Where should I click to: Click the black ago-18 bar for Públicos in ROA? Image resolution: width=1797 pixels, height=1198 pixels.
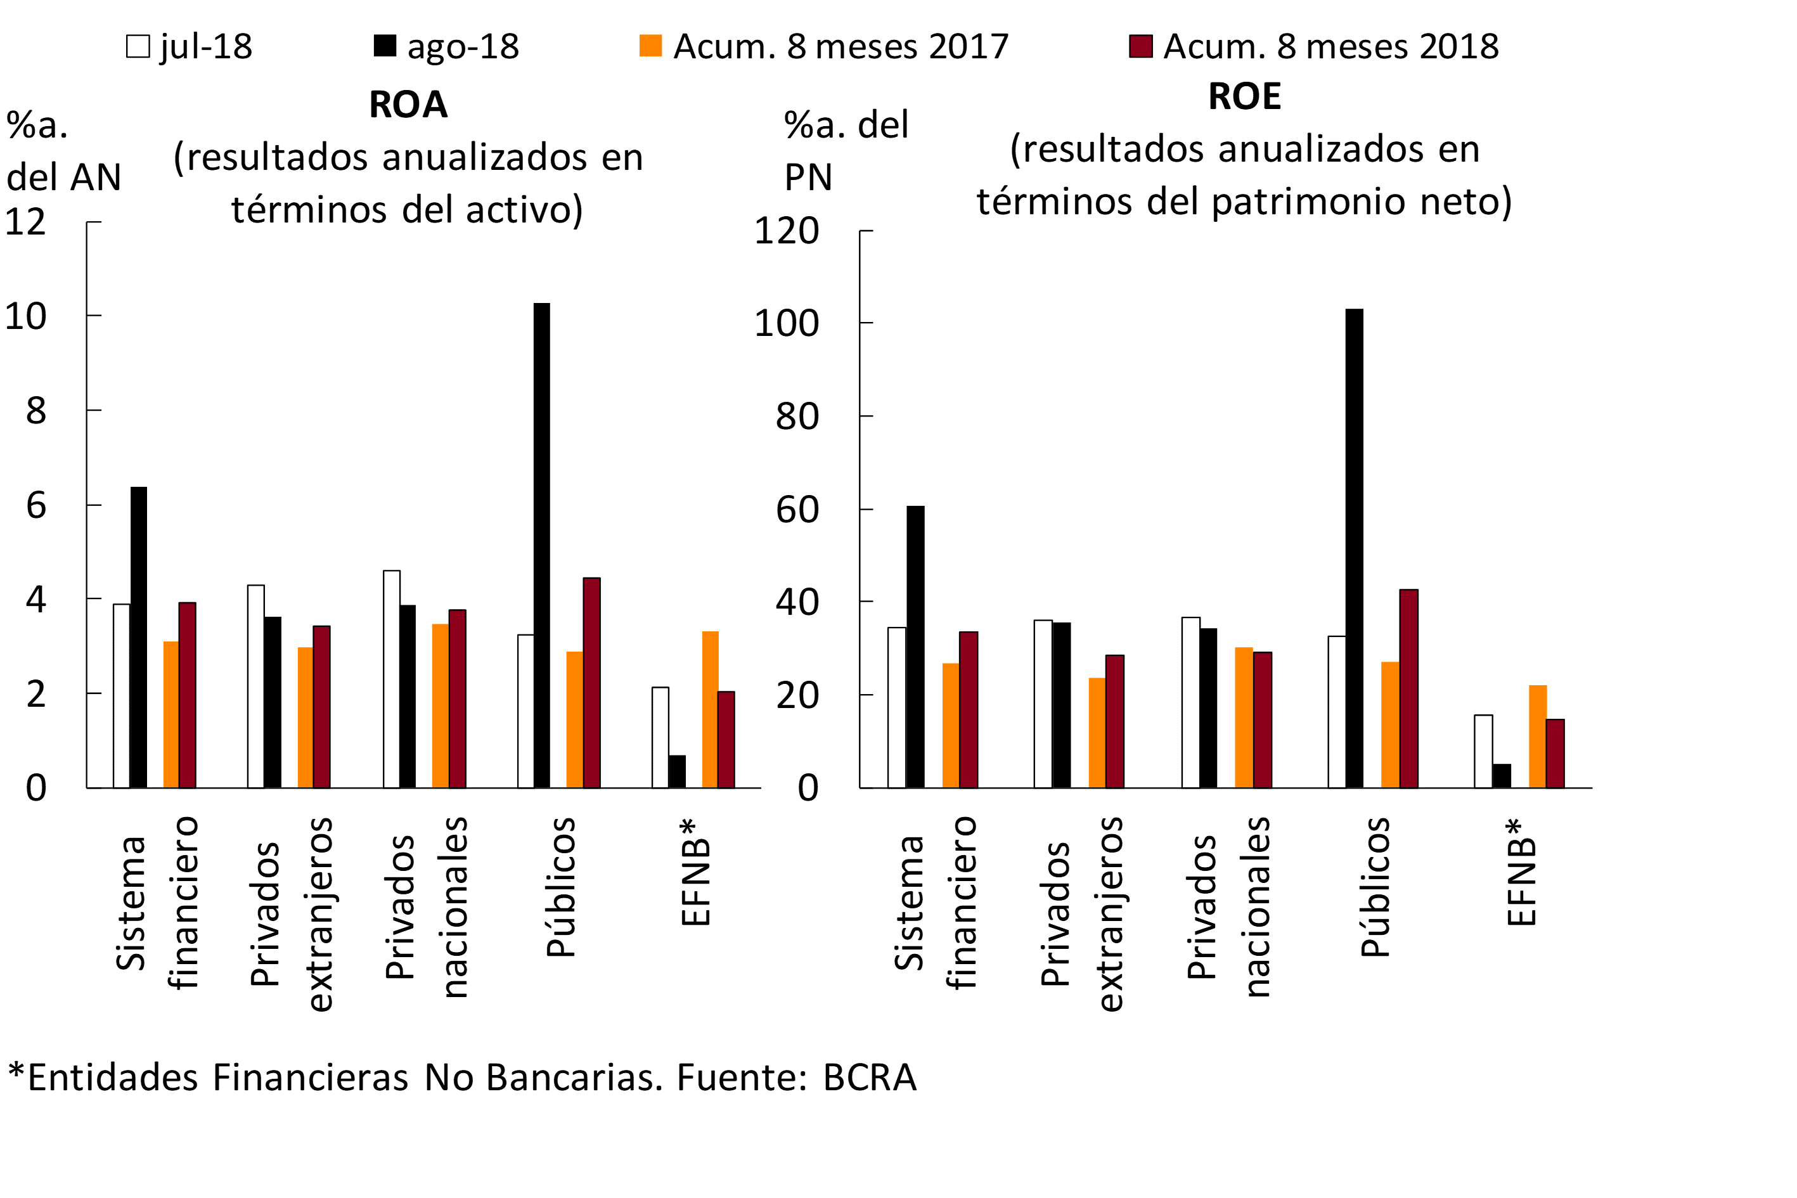click(542, 546)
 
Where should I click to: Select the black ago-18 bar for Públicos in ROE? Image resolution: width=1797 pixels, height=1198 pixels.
click(1354, 548)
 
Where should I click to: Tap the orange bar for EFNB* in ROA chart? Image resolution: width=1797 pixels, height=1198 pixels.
click(710, 709)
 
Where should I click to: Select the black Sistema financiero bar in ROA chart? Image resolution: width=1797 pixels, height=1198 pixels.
click(138, 637)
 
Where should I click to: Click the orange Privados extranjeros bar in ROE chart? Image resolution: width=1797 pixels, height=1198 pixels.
click(1097, 733)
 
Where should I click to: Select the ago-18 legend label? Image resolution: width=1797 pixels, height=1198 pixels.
click(463, 47)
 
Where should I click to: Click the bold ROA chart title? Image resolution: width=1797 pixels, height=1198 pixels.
click(408, 104)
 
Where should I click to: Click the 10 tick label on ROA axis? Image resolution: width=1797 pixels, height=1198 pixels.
click(25, 316)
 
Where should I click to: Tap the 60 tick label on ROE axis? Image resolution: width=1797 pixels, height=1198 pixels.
click(797, 510)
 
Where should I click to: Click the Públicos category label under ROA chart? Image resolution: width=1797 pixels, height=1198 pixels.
click(562, 886)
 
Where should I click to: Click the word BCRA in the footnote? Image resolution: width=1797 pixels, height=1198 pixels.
click(870, 1078)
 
